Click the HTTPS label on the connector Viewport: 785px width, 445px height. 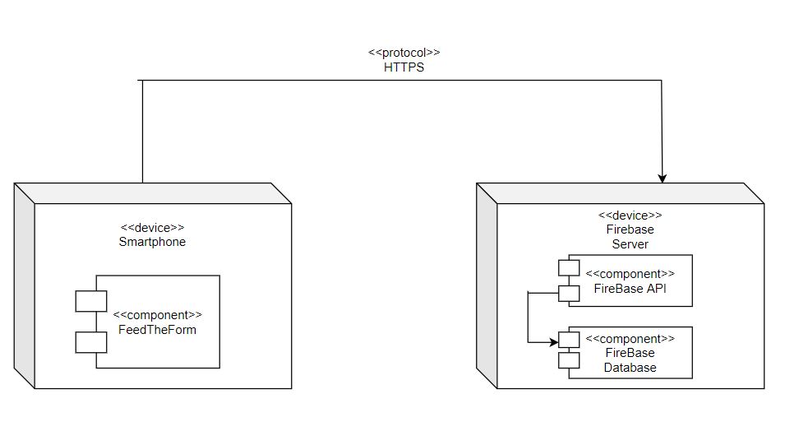[x=404, y=67]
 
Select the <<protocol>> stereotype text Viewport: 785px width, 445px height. [x=404, y=53]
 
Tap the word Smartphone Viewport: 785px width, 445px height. [x=152, y=242]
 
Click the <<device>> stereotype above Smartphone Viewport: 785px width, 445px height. [x=152, y=228]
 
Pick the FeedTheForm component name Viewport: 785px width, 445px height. [x=157, y=330]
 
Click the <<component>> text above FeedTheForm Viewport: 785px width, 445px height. [x=157, y=315]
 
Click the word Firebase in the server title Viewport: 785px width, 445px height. [x=630, y=229]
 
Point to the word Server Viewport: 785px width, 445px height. [x=630, y=243]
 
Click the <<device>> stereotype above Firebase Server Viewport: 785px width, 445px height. [x=630, y=215]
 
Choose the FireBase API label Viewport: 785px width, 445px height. [x=630, y=289]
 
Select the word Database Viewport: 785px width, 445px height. [x=630, y=368]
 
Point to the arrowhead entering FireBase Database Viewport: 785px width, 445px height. [x=554, y=340]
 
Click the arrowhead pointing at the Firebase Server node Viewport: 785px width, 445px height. [x=662, y=178]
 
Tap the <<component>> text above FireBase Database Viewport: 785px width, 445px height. [x=630, y=339]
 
